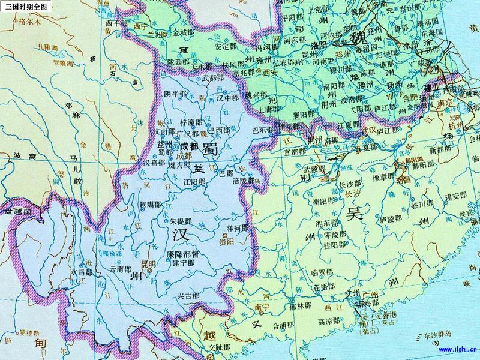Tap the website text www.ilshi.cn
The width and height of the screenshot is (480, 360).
click(x=458, y=348)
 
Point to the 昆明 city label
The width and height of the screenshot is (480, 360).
click(x=147, y=264)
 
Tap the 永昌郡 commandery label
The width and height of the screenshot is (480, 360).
click(x=82, y=272)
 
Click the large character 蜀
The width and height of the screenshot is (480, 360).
click(x=210, y=147)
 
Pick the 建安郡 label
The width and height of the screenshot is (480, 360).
click(x=455, y=196)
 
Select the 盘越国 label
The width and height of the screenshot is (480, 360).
click(x=17, y=212)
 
